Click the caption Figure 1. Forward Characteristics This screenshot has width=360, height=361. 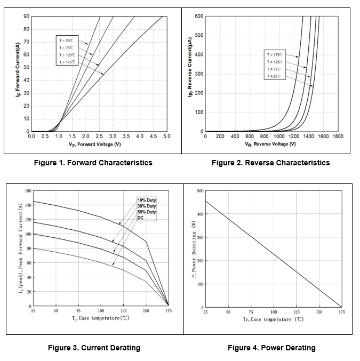pos(93,163)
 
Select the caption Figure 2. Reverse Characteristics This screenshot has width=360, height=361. pos(270,163)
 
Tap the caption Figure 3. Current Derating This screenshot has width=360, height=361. pos(94,348)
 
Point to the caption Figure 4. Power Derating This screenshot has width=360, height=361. pos(271,348)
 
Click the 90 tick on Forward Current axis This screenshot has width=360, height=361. pos(26,17)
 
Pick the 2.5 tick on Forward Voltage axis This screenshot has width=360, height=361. pos(99,137)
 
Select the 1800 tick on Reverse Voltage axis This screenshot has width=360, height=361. pos(337,137)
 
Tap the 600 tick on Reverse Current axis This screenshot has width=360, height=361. pos(199,17)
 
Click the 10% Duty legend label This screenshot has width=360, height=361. pos(147,200)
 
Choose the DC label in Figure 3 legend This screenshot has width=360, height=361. pos(141,217)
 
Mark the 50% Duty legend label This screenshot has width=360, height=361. pos(147,212)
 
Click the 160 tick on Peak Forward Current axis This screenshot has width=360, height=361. pos(28,191)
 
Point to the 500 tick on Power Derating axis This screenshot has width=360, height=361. pos(200,191)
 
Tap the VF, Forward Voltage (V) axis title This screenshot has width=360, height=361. pos(94,145)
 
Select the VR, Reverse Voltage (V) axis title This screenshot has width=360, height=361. pos(270,144)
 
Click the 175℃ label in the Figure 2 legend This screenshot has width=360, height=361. pos(275,55)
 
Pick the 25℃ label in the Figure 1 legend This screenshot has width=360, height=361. pos(67,41)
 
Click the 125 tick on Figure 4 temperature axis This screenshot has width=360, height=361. pos(297,311)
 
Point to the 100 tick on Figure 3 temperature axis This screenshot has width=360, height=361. pos(101,310)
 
